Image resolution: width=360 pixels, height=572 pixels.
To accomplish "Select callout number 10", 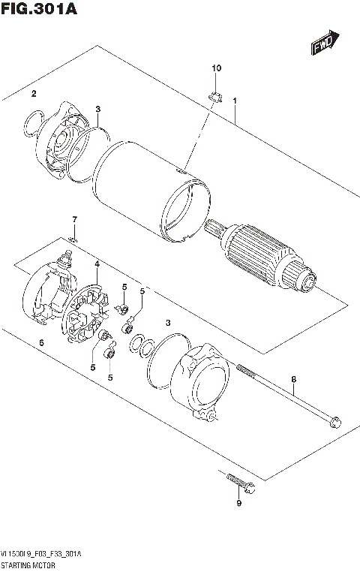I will point(217,69).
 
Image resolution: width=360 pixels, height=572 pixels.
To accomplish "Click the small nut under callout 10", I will point(214,95).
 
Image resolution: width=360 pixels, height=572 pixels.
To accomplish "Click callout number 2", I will point(34,94).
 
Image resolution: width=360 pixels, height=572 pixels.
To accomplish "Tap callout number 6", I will point(42,343).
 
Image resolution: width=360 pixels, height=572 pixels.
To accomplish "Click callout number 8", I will point(294,379).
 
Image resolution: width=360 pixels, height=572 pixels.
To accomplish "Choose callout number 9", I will point(238,503).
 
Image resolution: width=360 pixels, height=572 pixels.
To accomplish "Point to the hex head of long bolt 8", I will point(337,422).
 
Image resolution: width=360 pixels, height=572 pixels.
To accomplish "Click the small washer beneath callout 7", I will point(73,239).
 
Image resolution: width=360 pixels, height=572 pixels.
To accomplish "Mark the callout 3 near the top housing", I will point(97,110).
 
